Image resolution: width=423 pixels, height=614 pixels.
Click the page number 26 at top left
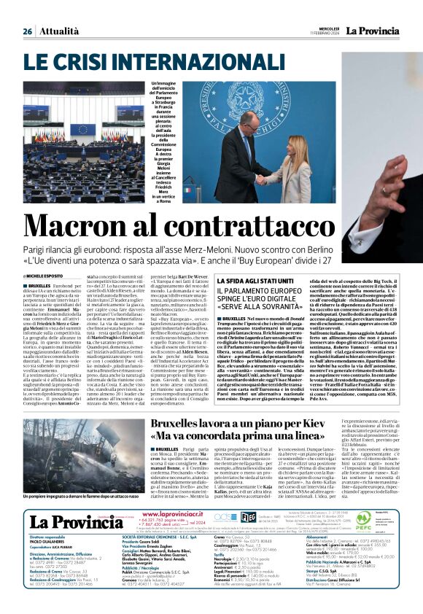27,31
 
